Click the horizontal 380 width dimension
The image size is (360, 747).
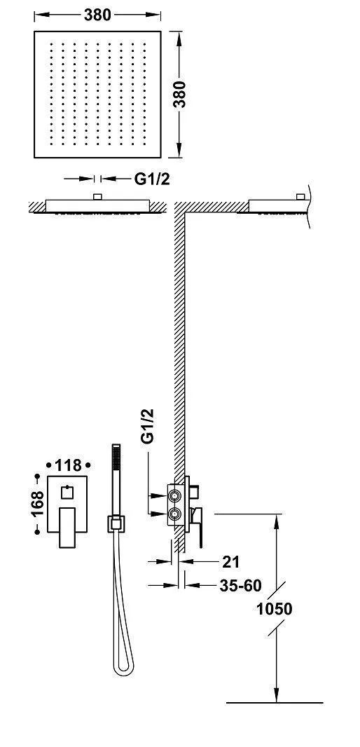coord(97,15)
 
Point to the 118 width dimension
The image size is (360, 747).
coord(69,465)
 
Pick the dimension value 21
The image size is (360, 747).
coord(230,562)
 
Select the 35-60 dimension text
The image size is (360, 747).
coord(240,586)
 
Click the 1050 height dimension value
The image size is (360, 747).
coord(275,608)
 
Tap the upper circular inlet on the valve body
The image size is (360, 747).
coord(175,496)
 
